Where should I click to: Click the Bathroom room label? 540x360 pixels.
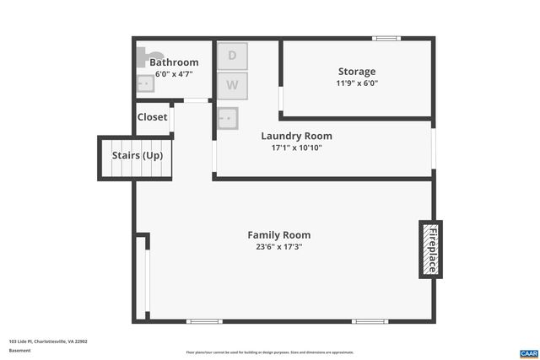click(x=174, y=62)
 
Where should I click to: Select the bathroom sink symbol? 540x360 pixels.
click(x=145, y=83)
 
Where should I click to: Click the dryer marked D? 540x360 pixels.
click(x=233, y=56)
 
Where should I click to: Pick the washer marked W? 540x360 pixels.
click(x=233, y=85)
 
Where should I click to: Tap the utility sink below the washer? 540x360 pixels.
click(x=227, y=118)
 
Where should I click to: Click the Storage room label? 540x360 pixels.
click(x=357, y=72)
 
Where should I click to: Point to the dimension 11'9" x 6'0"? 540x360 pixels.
click(x=357, y=84)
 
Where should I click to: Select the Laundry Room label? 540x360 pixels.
click(x=296, y=136)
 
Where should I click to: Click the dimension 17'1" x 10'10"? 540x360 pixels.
click(x=296, y=148)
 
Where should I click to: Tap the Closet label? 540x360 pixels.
click(x=153, y=117)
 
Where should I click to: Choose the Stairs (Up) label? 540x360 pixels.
click(x=138, y=156)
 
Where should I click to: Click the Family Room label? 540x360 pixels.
click(x=278, y=235)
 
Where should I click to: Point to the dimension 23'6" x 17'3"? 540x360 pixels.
click(x=278, y=248)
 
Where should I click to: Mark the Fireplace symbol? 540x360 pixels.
click(x=430, y=250)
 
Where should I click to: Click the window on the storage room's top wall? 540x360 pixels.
click(x=387, y=38)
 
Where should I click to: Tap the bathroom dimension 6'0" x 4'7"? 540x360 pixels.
click(x=174, y=74)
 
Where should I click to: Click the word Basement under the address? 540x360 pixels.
click(x=19, y=351)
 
